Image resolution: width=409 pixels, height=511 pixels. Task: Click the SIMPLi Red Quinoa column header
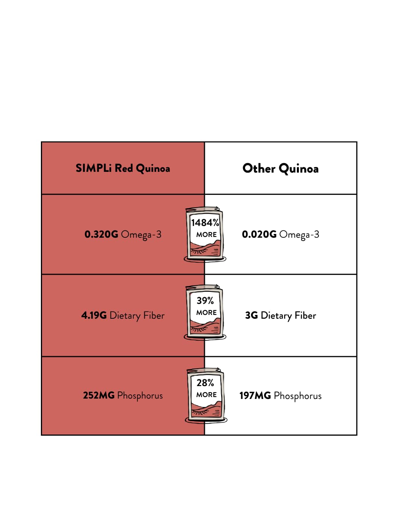pyautogui.click(x=123, y=168)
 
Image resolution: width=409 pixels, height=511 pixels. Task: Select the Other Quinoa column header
pyautogui.click(x=280, y=168)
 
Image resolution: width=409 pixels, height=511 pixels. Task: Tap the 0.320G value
pyautogui.click(x=101, y=234)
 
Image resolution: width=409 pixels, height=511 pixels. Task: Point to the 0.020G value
pyautogui.click(x=259, y=234)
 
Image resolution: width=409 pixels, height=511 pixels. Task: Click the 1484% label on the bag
pyautogui.click(x=205, y=223)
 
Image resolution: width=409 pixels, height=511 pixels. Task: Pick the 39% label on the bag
pyautogui.click(x=205, y=301)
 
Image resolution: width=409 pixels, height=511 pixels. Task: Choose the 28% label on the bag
pyautogui.click(x=205, y=383)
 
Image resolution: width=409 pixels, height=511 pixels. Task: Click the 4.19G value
pyautogui.click(x=94, y=315)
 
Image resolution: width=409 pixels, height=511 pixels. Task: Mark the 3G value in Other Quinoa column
pyautogui.click(x=251, y=315)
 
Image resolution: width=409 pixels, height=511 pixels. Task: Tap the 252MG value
pyautogui.click(x=98, y=395)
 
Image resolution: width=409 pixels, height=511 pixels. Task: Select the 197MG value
pyautogui.click(x=255, y=396)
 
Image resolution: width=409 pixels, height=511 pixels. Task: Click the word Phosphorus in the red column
pyautogui.click(x=140, y=396)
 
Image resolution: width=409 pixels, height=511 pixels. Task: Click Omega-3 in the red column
pyautogui.click(x=141, y=235)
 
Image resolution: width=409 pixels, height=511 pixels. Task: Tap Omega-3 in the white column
pyautogui.click(x=299, y=235)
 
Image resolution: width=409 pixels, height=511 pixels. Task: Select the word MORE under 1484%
pyautogui.click(x=206, y=235)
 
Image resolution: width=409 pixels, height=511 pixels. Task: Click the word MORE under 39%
pyautogui.click(x=206, y=313)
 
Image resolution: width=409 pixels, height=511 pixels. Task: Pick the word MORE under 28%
pyautogui.click(x=206, y=395)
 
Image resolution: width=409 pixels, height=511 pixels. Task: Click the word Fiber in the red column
pyautogui.click(x=154, y=315)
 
